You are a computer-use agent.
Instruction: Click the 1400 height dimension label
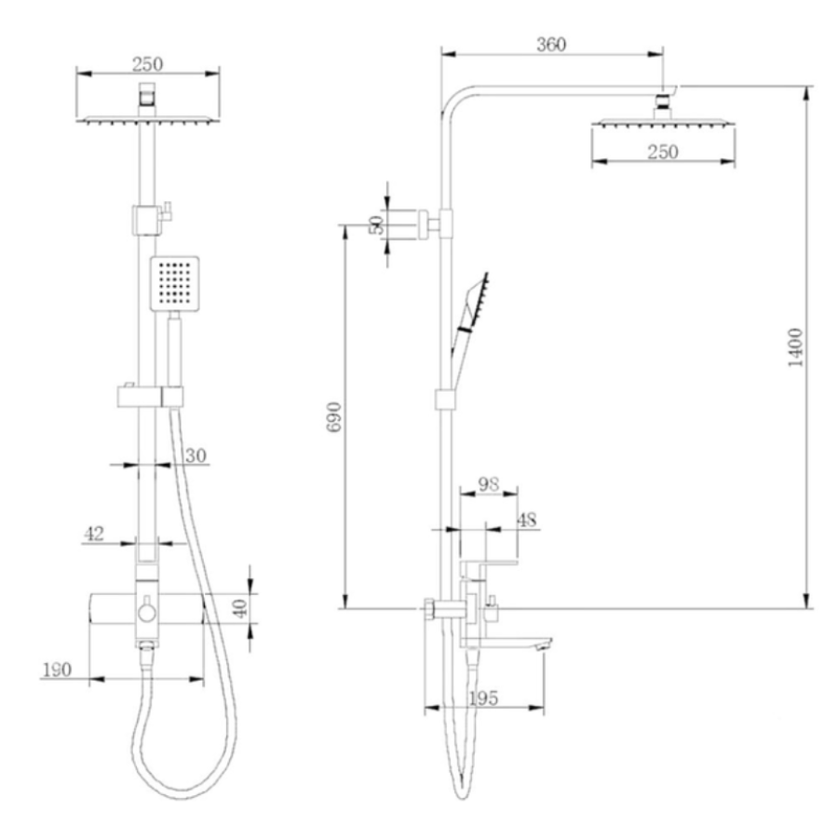(796, 347)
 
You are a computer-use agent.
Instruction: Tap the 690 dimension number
(335, 417)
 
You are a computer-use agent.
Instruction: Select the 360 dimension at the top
(551, 45)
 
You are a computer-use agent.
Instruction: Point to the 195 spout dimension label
(483, 698)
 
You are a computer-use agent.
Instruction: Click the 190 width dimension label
(57, 669)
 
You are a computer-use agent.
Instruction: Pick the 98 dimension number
(489, 484)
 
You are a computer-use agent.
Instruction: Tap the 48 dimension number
(527, 520)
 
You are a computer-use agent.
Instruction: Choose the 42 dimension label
(94, 534)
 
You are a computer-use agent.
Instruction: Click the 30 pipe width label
(196, 456)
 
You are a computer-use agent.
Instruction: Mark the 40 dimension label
(240, 608)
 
